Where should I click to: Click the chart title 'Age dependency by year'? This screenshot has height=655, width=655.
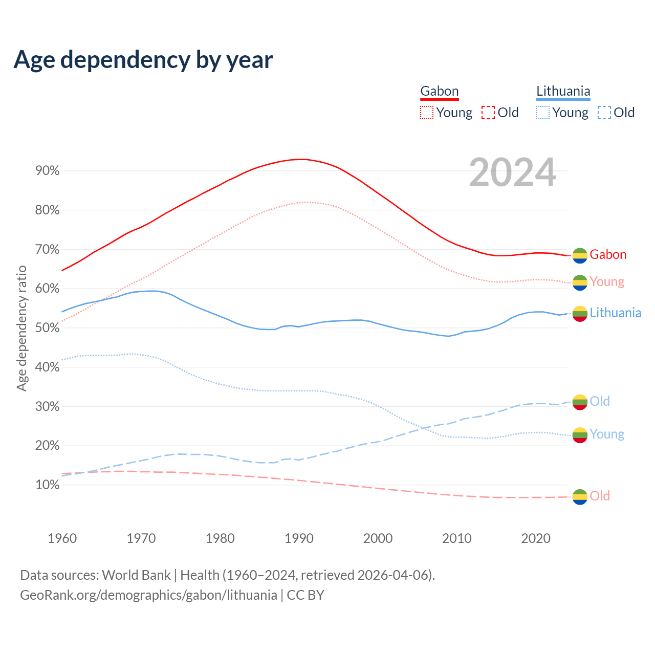(143, 60)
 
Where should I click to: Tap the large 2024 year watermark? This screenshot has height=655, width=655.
(512, 173)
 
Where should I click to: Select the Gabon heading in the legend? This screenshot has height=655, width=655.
(439, 92)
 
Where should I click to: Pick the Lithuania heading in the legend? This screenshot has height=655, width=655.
(563, 92)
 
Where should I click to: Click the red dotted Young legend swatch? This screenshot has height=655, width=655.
(427, 113)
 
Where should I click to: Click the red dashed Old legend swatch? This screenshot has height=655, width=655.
(488, 113)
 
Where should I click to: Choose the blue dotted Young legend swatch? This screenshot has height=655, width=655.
(543, 113)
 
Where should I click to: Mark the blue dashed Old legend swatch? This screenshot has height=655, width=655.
(604, 113)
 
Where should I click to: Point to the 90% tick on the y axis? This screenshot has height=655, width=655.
(48, 171)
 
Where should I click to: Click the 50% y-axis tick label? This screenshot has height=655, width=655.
(48, 328)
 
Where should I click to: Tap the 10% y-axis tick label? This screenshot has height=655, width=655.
(48, 485)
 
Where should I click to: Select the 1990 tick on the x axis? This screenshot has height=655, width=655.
(299, 538)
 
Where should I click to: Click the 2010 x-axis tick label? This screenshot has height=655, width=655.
(457, 538)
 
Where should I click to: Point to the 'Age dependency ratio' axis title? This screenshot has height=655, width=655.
(21, 328)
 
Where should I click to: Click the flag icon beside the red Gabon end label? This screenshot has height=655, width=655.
(580, 255)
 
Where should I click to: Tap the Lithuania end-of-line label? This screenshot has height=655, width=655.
(615, 313)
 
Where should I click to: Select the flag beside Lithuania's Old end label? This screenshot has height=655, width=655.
(580, 402)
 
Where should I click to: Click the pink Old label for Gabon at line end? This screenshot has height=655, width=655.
(600, 496)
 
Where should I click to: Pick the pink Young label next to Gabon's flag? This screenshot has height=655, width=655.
(607, 282)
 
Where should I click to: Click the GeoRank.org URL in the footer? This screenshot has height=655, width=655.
(148, 595)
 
